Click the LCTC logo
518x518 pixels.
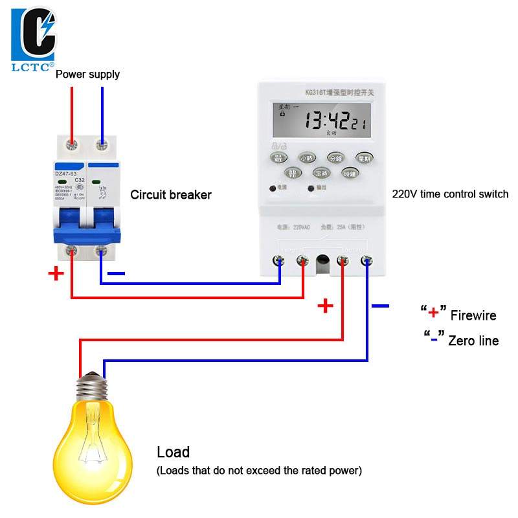coord(33,38)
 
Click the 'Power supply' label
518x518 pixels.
coord(87,74)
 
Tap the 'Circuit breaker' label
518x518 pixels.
coord(171,194)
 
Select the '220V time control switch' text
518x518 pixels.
coord(450,194)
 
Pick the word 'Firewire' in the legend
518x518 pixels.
coord(473,316)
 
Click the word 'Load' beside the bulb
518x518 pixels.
coord(173,452)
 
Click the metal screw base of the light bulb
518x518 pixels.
coord(91,388)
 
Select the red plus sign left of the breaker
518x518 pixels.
coord(56,273)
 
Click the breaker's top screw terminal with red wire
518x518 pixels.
coord(73,144)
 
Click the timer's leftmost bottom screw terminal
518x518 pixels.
coord(280,261)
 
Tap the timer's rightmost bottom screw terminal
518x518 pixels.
coord(366,261)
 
